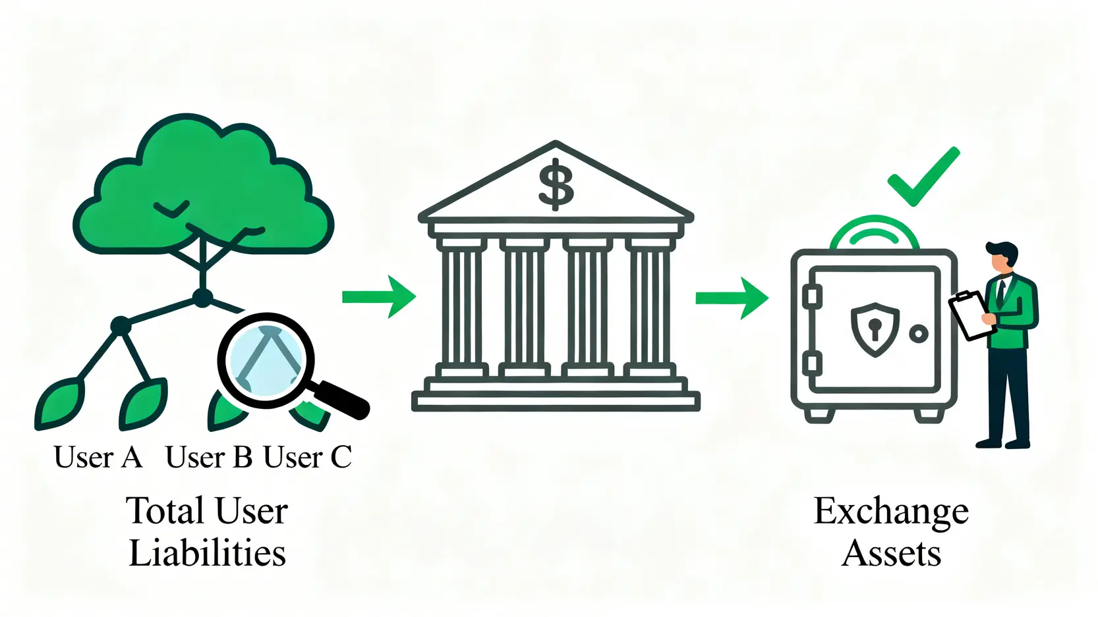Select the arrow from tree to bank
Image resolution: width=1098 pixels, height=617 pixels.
(379, 297)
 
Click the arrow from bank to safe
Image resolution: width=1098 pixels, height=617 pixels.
(732, 298)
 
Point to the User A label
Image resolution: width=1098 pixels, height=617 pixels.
(98, 457)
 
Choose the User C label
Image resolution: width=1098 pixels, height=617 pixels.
(307, 457)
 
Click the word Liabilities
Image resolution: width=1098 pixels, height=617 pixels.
(207, 553)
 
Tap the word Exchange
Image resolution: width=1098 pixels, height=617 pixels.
(891, 511)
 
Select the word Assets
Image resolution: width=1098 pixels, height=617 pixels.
(891, 553)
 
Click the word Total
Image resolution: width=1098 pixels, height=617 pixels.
(165, 511)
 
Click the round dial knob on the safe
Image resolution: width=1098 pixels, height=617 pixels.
(918, 334)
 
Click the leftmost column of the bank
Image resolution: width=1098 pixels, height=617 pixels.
(461, 306)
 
